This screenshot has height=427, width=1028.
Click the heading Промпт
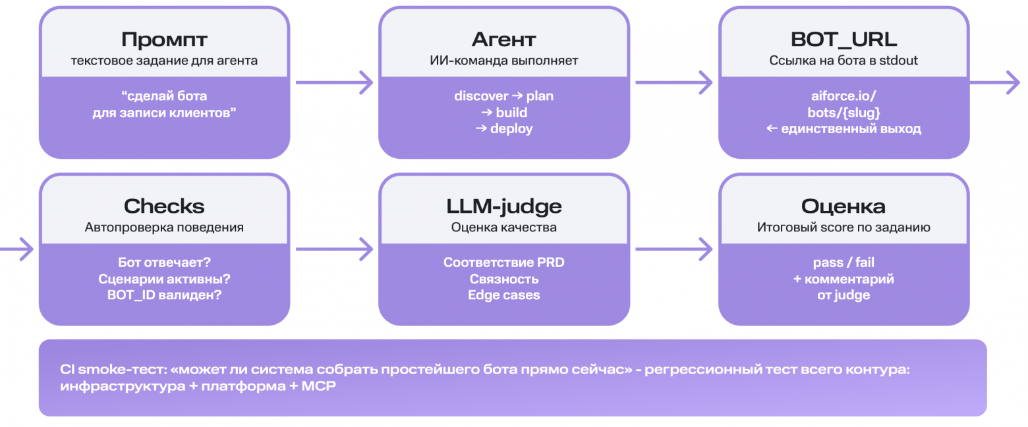point(164,40)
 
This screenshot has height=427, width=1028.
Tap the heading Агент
point(503,40)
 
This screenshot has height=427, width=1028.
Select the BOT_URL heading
point(843,40)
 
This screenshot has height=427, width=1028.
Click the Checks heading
point(164,206)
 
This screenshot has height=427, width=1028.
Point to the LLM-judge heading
point(504,207)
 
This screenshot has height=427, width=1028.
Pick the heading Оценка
point(843,207)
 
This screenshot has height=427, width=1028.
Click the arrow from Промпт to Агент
point(334,82)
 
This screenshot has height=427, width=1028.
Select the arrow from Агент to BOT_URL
point(673,82)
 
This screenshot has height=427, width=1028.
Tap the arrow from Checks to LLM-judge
point(334,249)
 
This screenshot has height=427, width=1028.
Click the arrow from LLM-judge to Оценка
point(673,249)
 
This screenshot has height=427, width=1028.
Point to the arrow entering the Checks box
point(16,249)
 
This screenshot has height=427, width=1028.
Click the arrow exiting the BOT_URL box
point(994,82)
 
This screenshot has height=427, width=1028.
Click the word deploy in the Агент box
point(511,129)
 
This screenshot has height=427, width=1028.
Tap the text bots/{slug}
point(843,113)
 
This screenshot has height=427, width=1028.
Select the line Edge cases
point(504,295)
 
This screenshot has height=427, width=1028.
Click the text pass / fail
point(843,263)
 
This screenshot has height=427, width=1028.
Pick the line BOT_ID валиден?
point(164,295)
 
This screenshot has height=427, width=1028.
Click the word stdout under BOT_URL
point(898,61)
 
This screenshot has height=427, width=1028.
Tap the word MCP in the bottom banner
point(318,385)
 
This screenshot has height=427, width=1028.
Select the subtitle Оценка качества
point(504,227)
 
